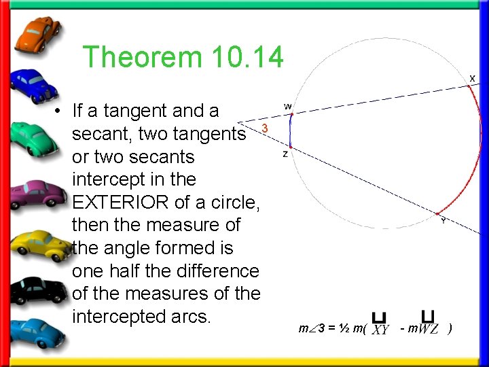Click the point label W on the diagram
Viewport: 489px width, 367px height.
click(x=288, y=107)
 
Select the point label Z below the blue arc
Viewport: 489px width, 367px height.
click(x=285, y=155)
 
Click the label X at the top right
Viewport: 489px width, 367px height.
click(x=471, y=78)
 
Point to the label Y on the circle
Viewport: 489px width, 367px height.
click(x=443, y=220)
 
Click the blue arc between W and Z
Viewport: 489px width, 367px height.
click(x=289, y=130)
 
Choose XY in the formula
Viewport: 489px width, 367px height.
click(x=380, y=330)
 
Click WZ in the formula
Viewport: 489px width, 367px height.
click(x=429, y=330)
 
